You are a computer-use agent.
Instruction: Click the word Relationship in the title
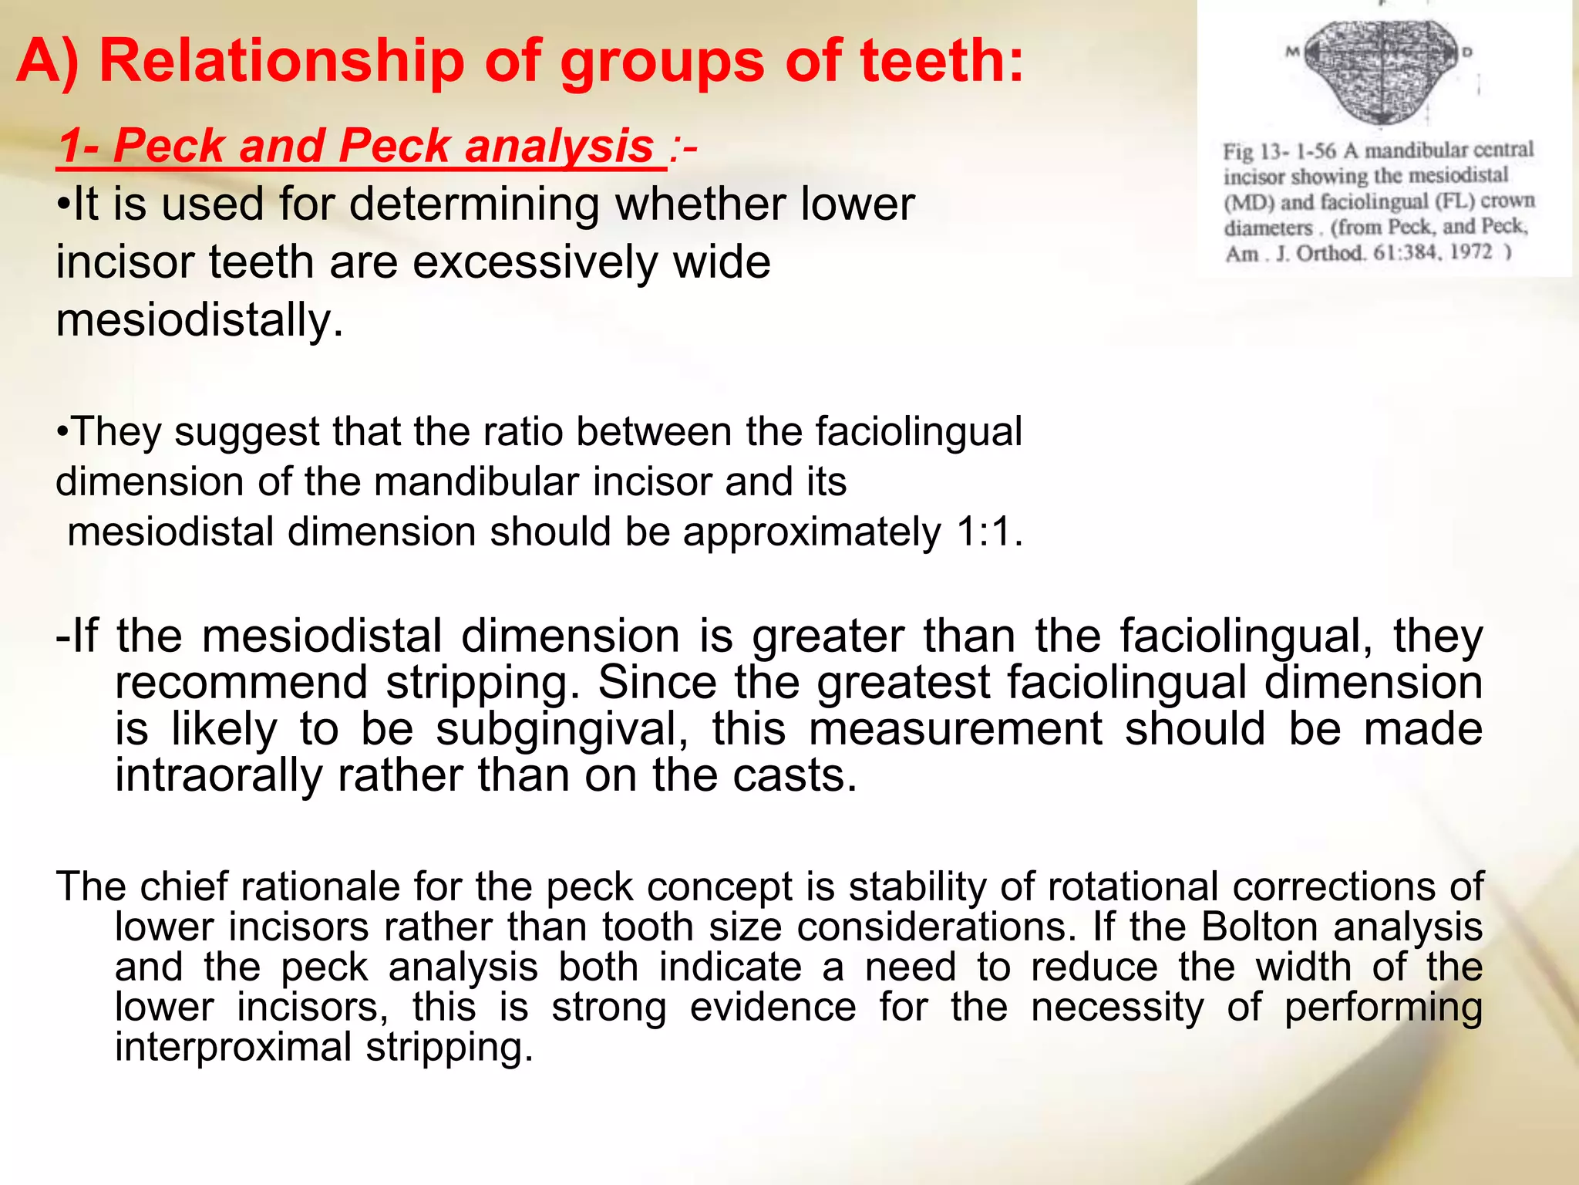(282, 62)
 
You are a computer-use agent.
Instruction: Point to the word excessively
(537, 262)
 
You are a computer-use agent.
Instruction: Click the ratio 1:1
(988, 532)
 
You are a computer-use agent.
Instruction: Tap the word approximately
(812, 532)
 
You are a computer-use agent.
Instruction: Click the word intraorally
(219, 775)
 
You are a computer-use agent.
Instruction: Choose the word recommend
(241, 683)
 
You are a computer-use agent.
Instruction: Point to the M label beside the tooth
(1292, 52)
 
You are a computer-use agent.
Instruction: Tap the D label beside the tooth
(1467, 52)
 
